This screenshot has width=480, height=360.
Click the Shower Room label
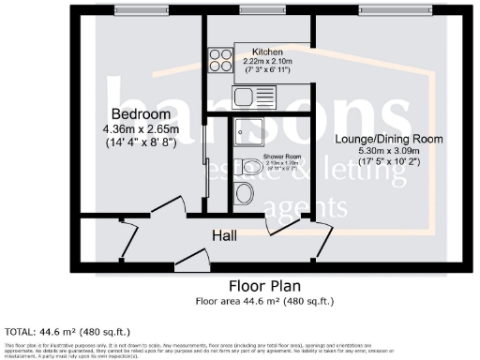tap(279, 156)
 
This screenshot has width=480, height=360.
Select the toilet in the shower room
tap(246, 193)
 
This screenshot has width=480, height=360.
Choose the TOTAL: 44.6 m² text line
tap(67, 331)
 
